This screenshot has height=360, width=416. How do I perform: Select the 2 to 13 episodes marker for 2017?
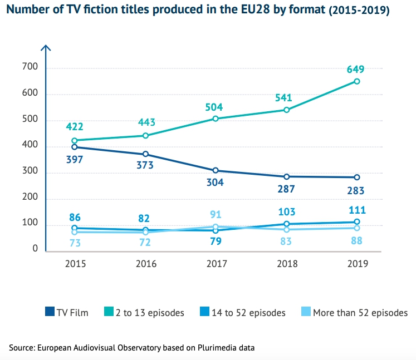tap(216, 119)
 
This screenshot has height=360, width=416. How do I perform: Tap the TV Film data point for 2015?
tap(74, 147)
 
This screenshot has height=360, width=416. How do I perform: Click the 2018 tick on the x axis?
tap(286, 264)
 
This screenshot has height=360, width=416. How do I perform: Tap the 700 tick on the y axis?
tap(30, 67)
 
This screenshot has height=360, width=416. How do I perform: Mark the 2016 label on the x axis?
tap(145, 264)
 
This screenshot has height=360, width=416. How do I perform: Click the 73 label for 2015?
tap(74, 243)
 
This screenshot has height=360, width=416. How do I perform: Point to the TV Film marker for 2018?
tap(286, 176)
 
